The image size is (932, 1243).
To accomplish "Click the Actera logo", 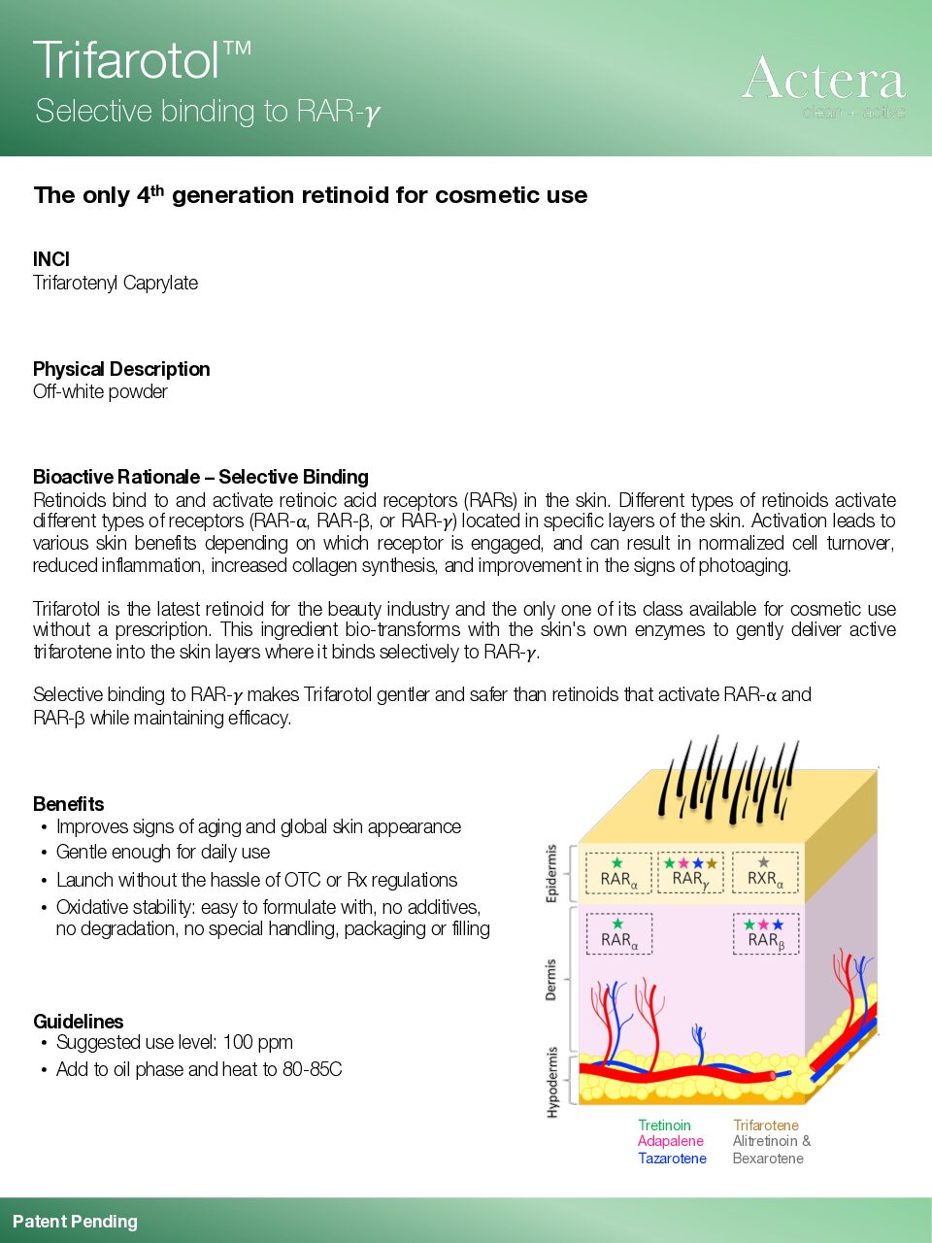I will (x=823, y=84).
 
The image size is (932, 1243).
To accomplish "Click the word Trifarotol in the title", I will (x=126, y=61).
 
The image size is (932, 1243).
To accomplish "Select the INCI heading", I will (x=51, y=259).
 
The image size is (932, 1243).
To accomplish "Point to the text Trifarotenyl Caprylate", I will (x=116, y=283).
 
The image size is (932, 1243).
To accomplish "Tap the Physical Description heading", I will (x=121, y=369).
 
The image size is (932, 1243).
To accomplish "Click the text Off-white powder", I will (x=100, y=391).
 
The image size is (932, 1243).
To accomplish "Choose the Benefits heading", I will (x=68, y=804).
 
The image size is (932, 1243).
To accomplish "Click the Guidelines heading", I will (x=79, y=1022).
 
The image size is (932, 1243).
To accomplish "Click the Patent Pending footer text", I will (x=75, y=1222).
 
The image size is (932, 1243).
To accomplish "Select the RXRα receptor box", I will (x=765, y=872).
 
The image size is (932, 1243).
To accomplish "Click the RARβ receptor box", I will (x=765, y=933).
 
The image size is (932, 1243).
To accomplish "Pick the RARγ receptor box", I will (x=690, y=872).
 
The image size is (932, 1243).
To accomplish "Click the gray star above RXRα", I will (x=764, y=862).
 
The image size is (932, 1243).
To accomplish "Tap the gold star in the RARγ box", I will (x=712, y=862).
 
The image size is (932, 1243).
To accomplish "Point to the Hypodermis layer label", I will (x=552, y=1082).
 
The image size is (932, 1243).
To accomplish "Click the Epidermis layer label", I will (x=552, y=874).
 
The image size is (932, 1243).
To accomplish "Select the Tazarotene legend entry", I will (x=672, y=1159).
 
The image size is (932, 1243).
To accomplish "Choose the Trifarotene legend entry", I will (x=766, y=1125).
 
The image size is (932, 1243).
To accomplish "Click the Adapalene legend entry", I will (x=670, y=1141).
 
